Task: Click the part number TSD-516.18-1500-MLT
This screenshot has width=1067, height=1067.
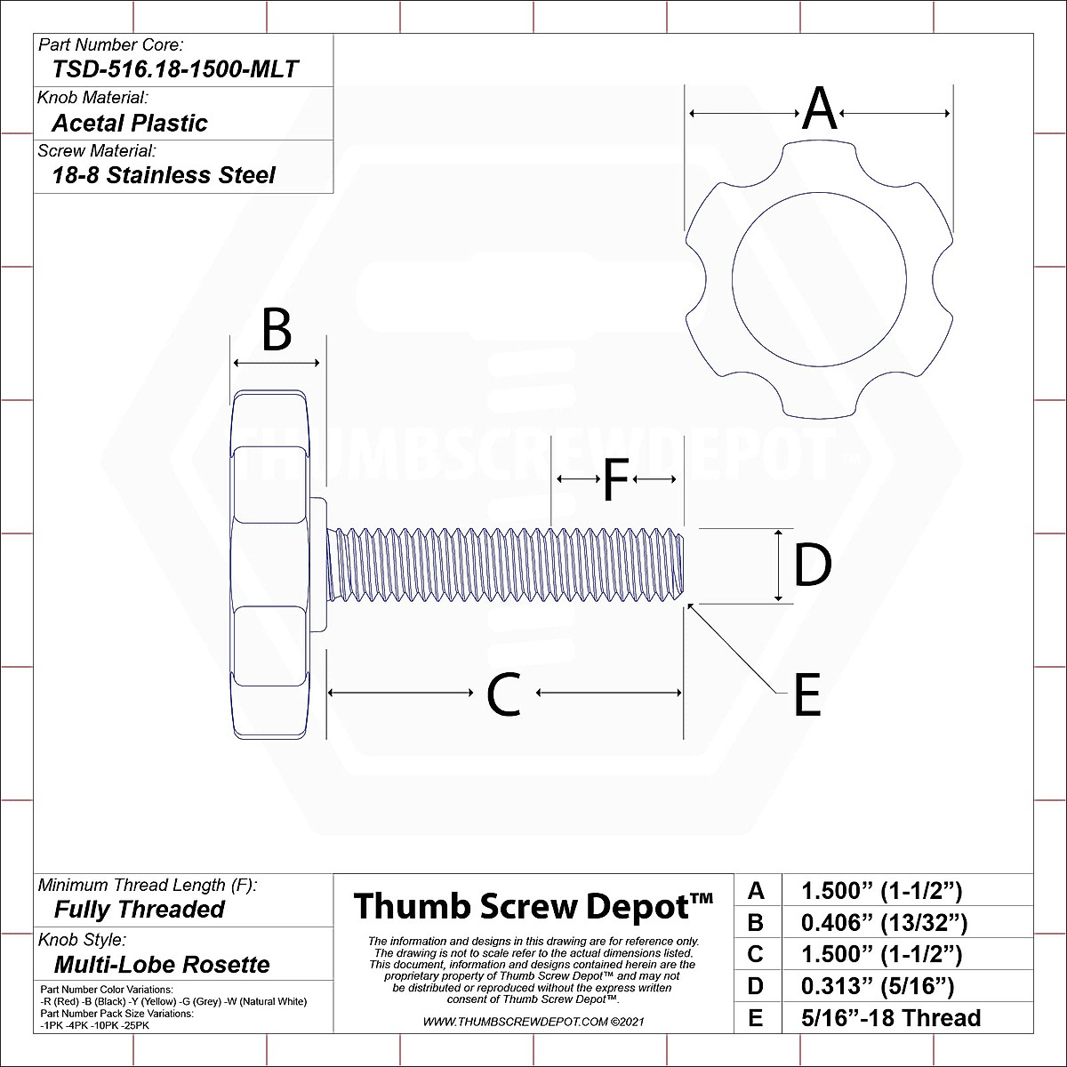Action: tap(175, 69)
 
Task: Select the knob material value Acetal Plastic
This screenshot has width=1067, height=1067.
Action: tap(130, 123)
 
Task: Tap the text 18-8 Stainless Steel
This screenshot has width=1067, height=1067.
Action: tap(164, 175)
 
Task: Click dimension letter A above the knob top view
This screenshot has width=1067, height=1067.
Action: tap(820, 110)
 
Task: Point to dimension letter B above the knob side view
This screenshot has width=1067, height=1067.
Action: tap(277, 331)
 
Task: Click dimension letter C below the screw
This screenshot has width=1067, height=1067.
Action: tap(503, 694)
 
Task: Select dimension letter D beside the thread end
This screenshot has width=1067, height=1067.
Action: tap(813, 566)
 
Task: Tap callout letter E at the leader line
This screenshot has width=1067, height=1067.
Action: tap(806, 695)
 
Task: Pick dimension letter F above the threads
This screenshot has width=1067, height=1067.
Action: tap(616, 480)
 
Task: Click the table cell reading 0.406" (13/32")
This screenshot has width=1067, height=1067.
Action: tap(884, 923)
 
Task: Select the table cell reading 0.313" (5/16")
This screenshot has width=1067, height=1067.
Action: tap(877, 986)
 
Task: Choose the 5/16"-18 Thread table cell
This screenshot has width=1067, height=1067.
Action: tap(891, 1018)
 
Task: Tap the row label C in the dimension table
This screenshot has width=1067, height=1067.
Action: tap(756, 955)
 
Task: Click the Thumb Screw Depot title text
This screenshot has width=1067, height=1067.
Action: tap(533, 907)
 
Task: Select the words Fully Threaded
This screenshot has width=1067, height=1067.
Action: tap(140, 910)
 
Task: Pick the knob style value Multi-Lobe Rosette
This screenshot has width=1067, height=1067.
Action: tap(162, 965)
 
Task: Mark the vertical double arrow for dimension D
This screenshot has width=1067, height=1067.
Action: tap(779, 566)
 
